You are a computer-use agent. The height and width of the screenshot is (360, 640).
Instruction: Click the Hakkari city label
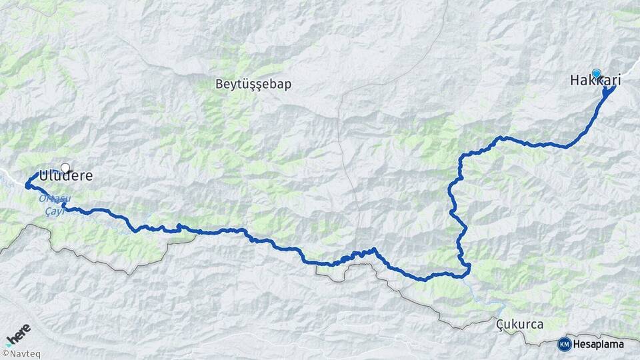coord(595,81)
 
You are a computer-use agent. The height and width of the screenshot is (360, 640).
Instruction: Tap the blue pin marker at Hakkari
coord(596,74)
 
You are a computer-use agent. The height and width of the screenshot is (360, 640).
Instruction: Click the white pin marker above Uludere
coord(65,167)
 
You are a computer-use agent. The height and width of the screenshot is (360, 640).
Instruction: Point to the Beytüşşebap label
coord(253,85)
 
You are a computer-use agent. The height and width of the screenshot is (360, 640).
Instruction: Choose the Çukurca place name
coord(520,325)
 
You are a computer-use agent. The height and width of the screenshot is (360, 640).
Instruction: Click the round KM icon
coord(564,344)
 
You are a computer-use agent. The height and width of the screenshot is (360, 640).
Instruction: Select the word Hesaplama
coord(598,345)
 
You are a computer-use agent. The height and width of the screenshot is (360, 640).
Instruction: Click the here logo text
coord(19,332)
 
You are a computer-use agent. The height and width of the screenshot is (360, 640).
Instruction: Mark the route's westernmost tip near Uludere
coord(27,185)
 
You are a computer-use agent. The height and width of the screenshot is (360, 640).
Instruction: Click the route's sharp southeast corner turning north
coord(469,267)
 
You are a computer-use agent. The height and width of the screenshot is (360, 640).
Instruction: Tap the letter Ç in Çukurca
coord(501,325)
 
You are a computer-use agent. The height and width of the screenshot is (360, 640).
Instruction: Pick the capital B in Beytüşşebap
coord(219,85)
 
